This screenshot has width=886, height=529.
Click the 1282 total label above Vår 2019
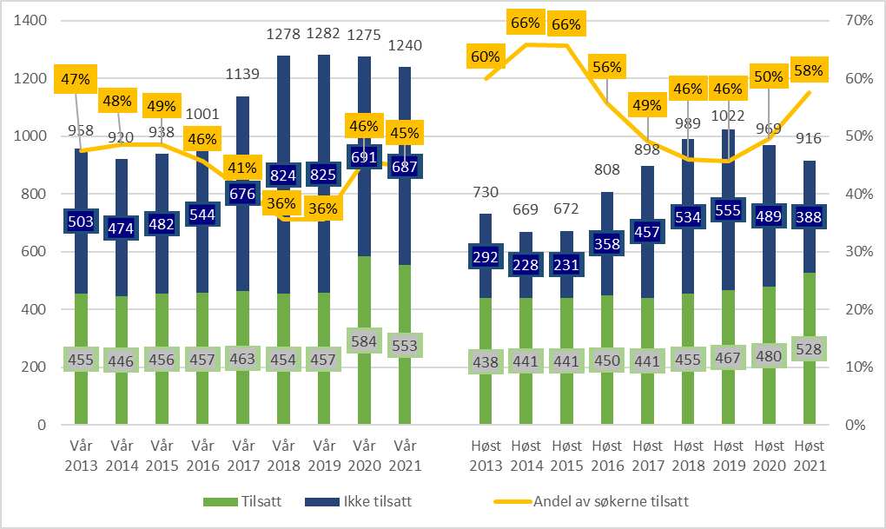(x=323, y=34)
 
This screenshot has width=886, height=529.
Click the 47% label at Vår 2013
(x=76, y=80)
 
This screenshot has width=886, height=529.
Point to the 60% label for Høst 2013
(x=486, y=57)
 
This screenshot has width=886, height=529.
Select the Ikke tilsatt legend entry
(x=356, y=501)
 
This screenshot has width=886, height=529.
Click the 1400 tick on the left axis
(x=30, y=20)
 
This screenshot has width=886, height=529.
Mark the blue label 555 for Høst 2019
(x=729, y=211)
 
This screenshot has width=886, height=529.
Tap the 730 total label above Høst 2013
(x=486, y=192)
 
